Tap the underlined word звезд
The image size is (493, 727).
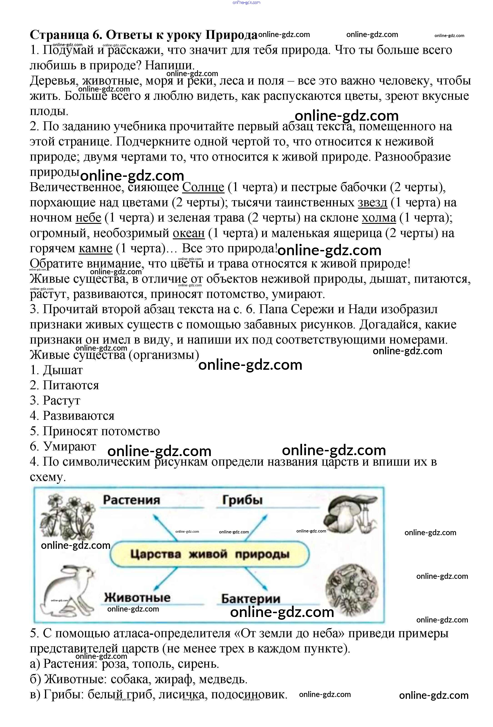click(372, 202)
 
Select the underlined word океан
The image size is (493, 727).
click(189, 233)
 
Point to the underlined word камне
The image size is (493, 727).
click(95, 248)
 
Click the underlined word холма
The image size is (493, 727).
click(378, 218)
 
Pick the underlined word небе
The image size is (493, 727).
click(88, 218)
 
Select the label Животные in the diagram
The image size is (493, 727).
click(137, 597)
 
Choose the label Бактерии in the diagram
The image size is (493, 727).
click(250, 598)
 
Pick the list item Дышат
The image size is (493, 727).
click(63, 370)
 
